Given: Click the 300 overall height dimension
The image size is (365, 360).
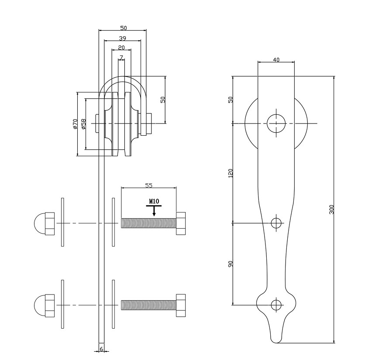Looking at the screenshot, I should pyautogui.click(x=331, y=209).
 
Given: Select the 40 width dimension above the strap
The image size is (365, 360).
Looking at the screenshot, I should pyautogui.click(x=276, y=60).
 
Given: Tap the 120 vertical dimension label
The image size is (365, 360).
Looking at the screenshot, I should pyautogui.click(x=231, y=173).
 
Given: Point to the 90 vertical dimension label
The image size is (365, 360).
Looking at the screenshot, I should pyautogui.click(x=231, y=264).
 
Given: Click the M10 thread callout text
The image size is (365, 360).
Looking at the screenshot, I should pyautogui.click(x=154, y=202).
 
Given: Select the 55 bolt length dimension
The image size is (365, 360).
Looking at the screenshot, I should pyautogui.click(x=148, y=185).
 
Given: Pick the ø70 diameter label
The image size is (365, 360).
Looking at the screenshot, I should pyautogui.click(x=75, y=124).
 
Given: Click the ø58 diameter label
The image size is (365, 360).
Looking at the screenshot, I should pyautogui.click(x=83, y=124).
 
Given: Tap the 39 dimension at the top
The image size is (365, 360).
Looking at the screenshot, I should pyautogui.click(x=122, y=38).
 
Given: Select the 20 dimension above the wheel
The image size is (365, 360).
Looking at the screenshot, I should pyautogui.click(x=121, y=48).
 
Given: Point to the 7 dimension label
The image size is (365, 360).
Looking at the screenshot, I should pyautogui.click(x=121, y=57).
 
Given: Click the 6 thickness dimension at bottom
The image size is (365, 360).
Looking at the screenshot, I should pyautogui.click(x=101, y=349).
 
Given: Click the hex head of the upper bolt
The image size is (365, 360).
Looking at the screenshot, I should pyautogui.click(x=181, y=223).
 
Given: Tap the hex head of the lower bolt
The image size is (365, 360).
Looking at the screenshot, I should pyautogui.click(x=181, y=305).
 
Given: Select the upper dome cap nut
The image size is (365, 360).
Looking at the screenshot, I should pyautogui.click(x=44, y=223).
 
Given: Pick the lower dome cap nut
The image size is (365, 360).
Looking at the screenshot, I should pyautogui.click(x=44, y=305).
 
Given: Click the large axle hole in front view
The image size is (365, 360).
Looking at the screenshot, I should pyautogui.click(x=276, y=123).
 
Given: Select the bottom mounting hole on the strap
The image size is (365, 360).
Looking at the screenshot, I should pyautogui.click(x=276, y=305).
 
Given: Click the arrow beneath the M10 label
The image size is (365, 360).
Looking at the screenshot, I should pyautogui.click(x=154, y=212).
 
